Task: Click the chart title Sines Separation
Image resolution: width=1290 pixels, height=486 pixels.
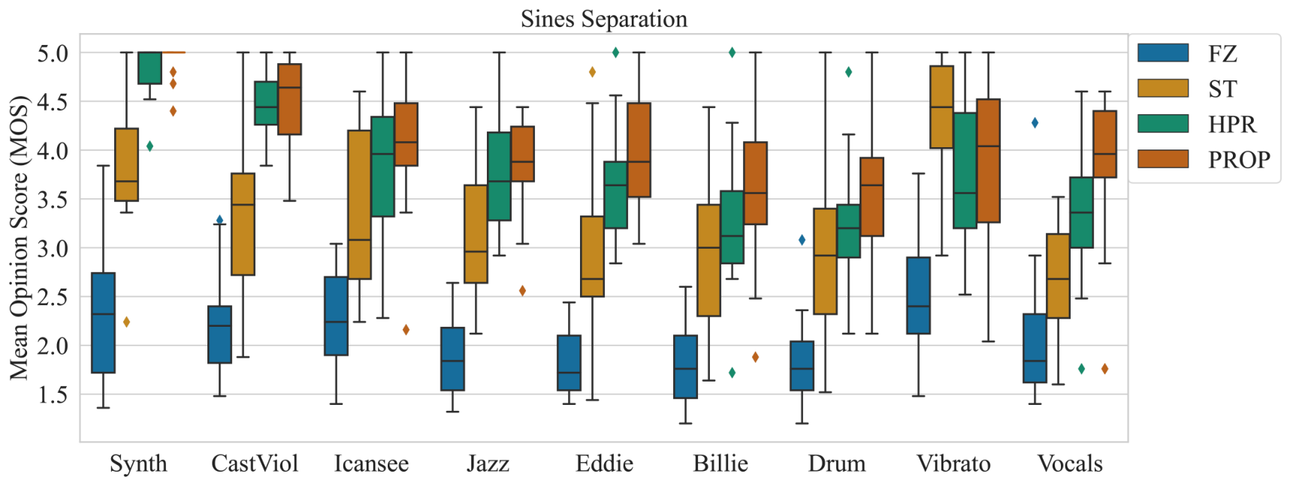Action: (x=604, y=19)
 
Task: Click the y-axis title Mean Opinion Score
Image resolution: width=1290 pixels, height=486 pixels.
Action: (x=18, y=237)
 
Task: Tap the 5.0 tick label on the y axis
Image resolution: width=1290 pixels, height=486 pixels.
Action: (x=53, y=53)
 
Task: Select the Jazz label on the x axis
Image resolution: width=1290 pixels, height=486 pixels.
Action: (x=488, y=463)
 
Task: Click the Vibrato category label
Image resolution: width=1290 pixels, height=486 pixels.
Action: (x=953, y=463)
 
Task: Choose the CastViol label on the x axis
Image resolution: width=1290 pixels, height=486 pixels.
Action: (x=255, y=463)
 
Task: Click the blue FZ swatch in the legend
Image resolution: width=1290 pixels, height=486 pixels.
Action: (x=1163, y=53)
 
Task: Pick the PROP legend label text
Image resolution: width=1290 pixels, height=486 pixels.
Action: (x=1239, y=159)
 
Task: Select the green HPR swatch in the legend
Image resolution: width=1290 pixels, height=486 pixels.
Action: (x=1163, y=123)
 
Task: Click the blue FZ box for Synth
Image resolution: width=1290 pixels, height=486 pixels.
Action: (x=103, y=323)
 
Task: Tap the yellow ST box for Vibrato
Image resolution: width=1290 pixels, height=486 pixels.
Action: (x=941, y=107)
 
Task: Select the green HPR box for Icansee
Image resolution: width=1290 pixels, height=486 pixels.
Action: (x=382, y=167)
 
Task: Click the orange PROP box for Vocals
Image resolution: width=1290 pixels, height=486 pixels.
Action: (x=1104, y=144)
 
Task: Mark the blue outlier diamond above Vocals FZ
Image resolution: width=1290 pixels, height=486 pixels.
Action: (x=1035, y=122)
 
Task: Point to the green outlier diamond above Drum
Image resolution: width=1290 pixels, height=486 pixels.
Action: (x=848, y=72)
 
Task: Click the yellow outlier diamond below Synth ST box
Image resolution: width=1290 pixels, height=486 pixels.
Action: (x=126, y=321)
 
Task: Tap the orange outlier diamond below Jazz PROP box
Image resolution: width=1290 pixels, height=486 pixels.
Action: (x=522, y=291)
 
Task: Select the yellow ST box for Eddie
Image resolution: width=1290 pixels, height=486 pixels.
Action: (x=592, y=256)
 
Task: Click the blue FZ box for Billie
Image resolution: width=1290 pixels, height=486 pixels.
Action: (x=685, y=367)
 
